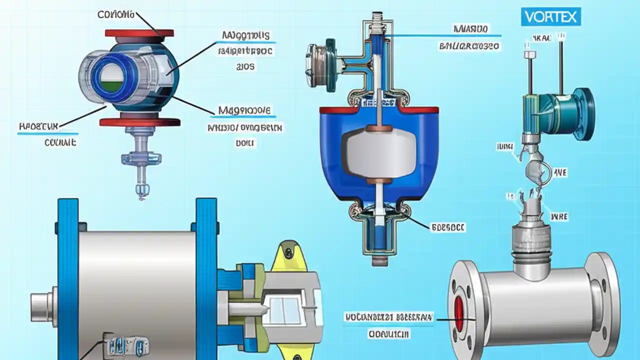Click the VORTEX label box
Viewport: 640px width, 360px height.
551,17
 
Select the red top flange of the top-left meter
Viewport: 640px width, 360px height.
139,34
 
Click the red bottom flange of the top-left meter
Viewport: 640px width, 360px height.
139,122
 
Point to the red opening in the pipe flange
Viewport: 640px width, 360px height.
459,313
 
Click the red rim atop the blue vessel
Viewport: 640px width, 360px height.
378,109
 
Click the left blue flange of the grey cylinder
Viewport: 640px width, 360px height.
68,275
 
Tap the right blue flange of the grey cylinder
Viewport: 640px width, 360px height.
206,275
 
